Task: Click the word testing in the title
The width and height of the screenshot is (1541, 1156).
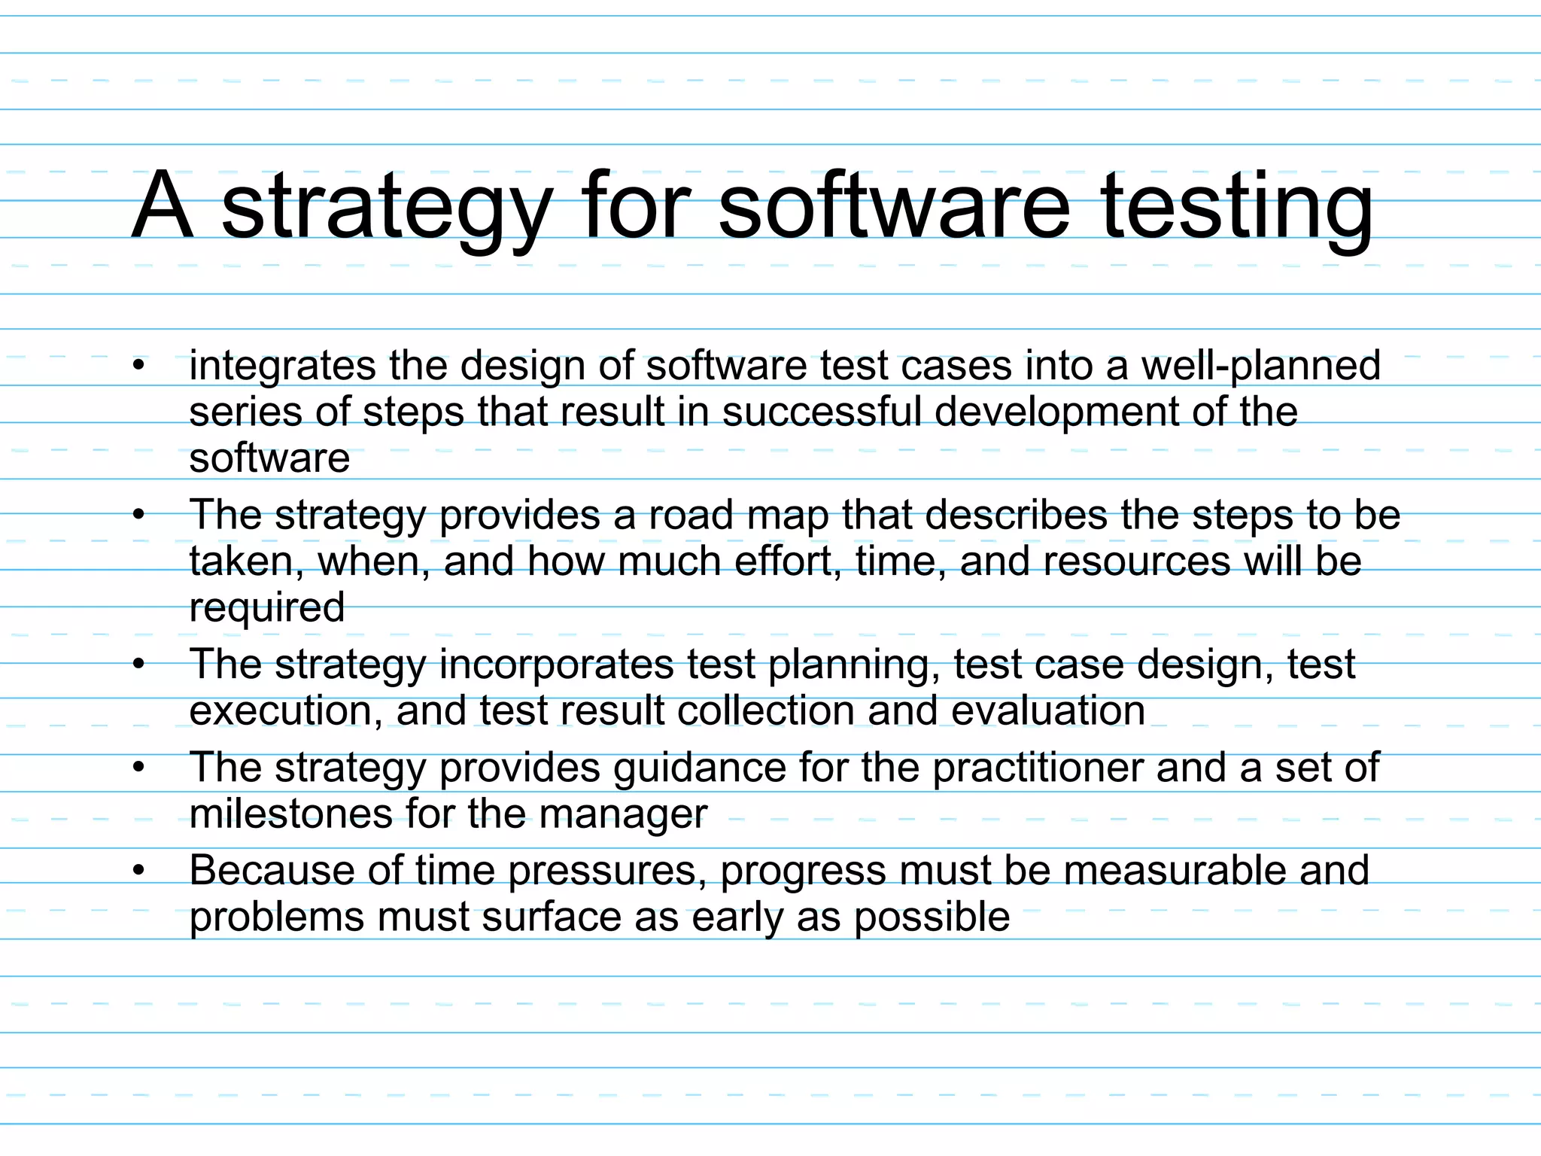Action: pos(1237,207)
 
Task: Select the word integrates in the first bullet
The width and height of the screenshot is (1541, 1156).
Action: pos(282,367)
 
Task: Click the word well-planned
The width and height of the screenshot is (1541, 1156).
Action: pos(1261,367)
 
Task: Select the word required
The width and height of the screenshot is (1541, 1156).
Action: pos(267,608)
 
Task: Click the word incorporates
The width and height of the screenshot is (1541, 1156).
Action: pos(556,665)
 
